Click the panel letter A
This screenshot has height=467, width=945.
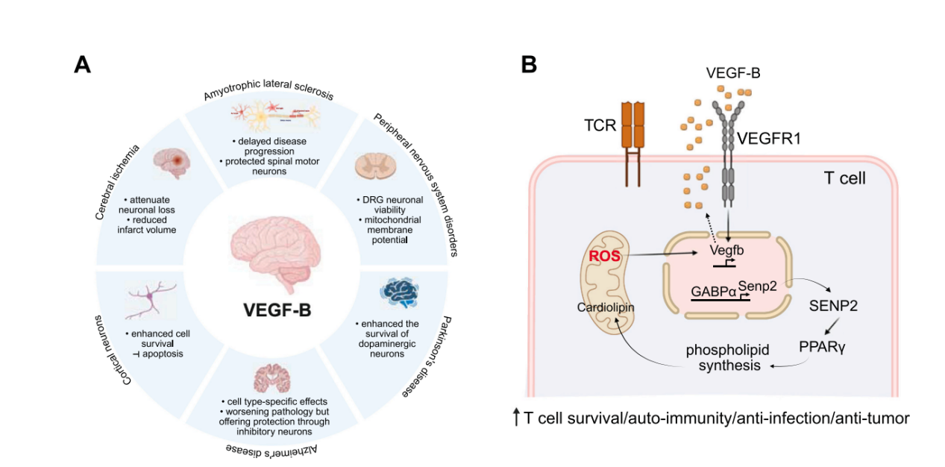pyautogui.click(x=83, y=64)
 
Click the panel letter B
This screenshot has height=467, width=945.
pyautogui.click(x=528, y=64)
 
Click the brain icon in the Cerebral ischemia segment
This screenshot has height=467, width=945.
pyautogui.click(x=171, y=162)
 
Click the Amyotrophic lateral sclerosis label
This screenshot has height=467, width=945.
pyautogui.click(x=268, y=94)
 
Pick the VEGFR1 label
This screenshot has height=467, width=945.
pyautogui.click(x=769, y=139)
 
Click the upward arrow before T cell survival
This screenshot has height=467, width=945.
pyautogui.click(x=516, y=418)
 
